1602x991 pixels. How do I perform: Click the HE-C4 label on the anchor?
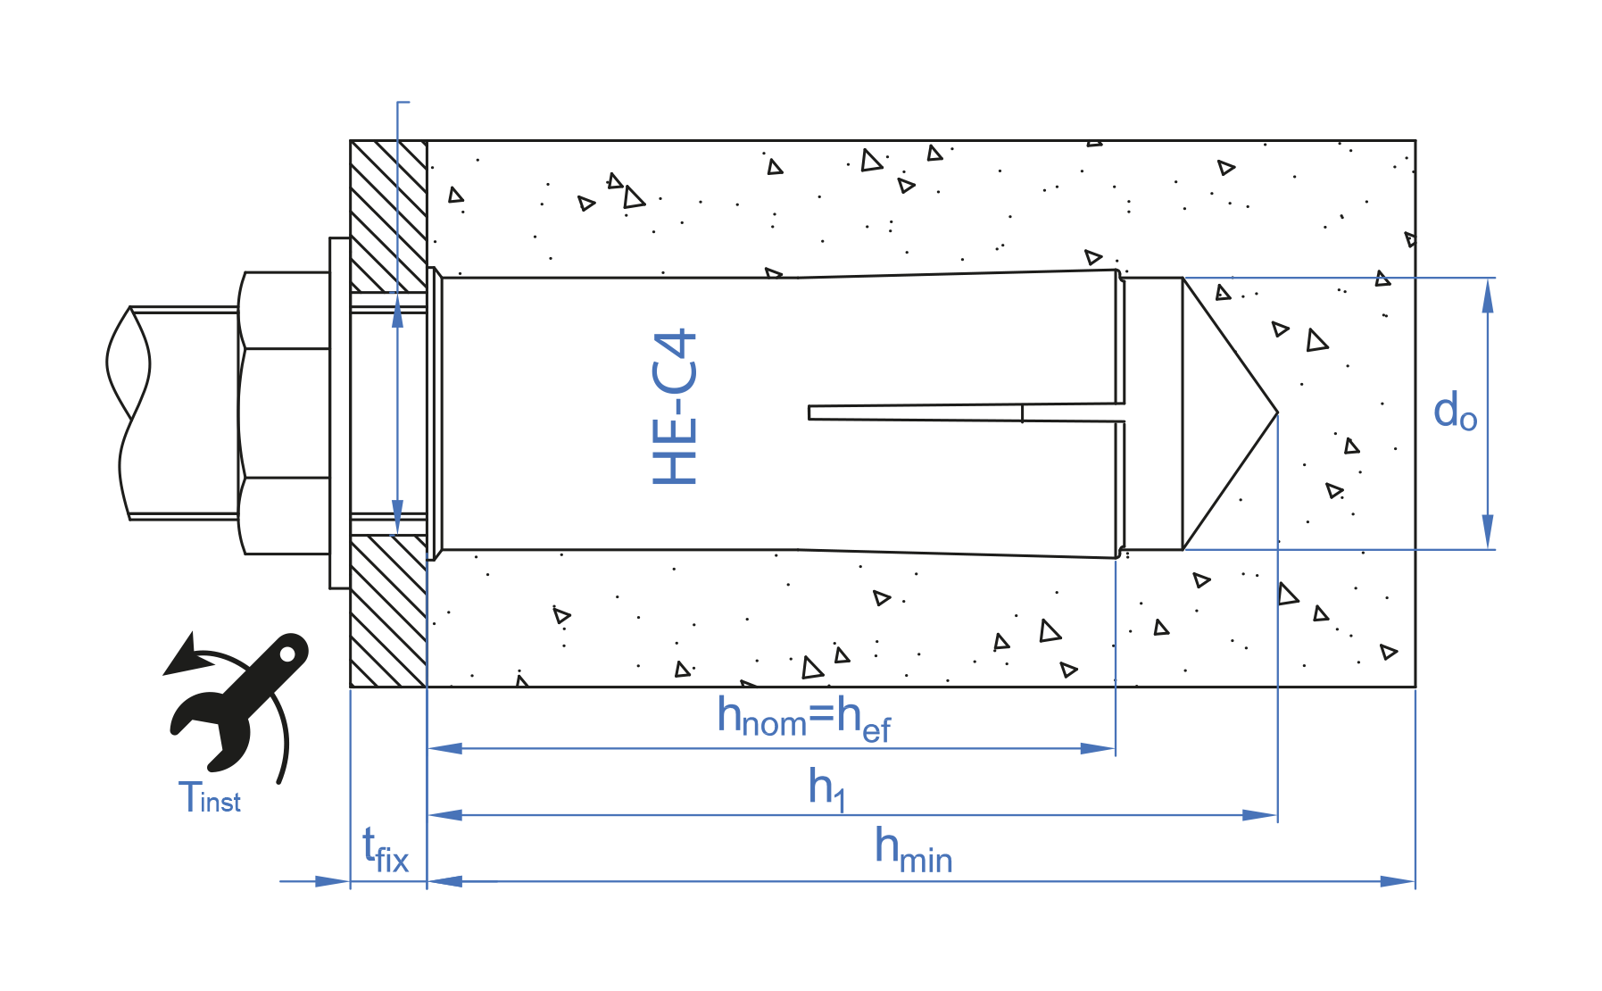tap(675, 407)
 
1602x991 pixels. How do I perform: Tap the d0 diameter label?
tap(1455, 412)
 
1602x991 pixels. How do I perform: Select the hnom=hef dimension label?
tap(803, 720)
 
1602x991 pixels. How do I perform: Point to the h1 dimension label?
tap(826, 788)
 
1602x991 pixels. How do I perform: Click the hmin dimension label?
tap(912, 850)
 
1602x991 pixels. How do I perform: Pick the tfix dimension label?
tap(385, 851)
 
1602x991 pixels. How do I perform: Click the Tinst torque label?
tap(210, 797)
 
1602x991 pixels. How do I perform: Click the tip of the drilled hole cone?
tap(1275, 412)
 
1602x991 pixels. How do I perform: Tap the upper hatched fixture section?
tap(388, 214)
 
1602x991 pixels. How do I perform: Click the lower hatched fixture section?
tap(388, 611)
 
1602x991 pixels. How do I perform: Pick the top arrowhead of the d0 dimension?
tap(1487, 295)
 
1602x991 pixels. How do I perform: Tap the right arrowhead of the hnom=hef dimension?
tap(1099, 748)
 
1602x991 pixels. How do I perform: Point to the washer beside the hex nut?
tap(339, 412)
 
